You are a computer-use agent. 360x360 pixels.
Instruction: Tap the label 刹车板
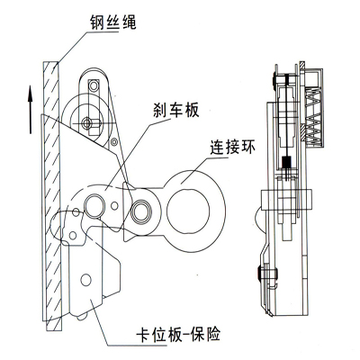pyautogui.click(x=176, y=110)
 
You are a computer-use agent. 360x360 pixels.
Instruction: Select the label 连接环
pyautogui.click(x=232, y=147)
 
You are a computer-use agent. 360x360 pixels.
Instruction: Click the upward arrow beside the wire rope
pyautogui.click(x=30, y=110)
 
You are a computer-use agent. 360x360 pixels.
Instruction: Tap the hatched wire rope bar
pyautogui.click(x=51, y=195)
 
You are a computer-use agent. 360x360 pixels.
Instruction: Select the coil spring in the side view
pyautogui.click(x=313, y=115)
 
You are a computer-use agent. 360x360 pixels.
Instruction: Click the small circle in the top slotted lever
pyautogui.click(x=94, y=86)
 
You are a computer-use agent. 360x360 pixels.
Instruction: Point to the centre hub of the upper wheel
pyautogui.click(x=87, y=122)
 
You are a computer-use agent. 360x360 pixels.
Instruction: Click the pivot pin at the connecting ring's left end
pyautogui.click(x=141, y=211)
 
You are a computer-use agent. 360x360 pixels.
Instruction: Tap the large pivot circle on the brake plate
pyautogui.click(x=94, y=205)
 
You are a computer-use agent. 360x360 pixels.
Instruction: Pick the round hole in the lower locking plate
pyautogui.click(x=85, y=280)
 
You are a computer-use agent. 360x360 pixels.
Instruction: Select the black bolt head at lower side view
pyautogui.click(x=258, y=274)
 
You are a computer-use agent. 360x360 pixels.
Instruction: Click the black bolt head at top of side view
pyautogui.click(x=274, y=80)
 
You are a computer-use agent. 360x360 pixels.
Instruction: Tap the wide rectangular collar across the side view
pyautogui.click(x=287, y=200)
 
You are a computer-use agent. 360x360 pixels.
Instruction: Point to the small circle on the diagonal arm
pyautogui.click(x=114, y=141)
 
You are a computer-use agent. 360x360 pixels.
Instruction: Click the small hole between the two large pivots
pyautogui.click(x=114, y=206)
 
